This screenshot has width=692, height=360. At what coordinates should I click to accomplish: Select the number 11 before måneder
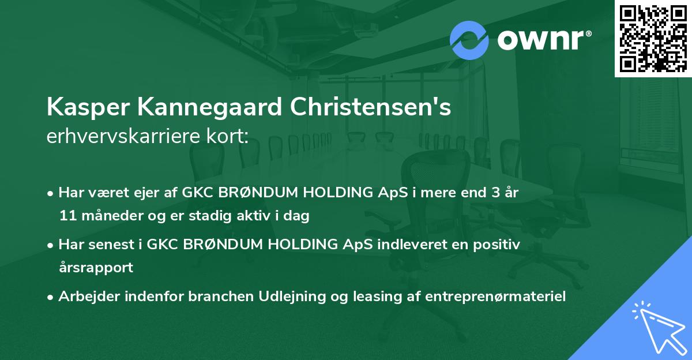[65, 216]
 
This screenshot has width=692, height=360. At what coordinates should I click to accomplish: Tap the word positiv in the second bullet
[500, 245]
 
